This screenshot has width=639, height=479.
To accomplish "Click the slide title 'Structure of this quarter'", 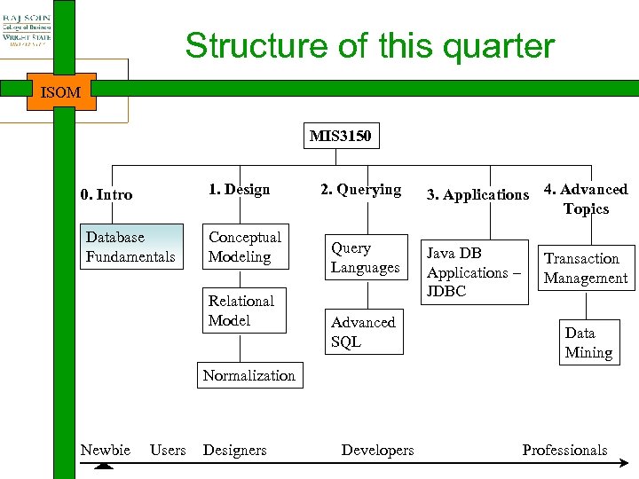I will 369,46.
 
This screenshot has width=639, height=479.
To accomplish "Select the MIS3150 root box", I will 340,136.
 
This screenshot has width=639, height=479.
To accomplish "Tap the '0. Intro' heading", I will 106,194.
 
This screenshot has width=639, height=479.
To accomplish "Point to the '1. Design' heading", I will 239,189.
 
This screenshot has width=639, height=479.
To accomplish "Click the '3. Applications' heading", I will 477,194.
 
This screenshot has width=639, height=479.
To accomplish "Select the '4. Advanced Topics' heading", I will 586,199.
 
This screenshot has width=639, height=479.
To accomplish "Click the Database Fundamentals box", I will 130,247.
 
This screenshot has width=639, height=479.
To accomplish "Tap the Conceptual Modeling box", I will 245,247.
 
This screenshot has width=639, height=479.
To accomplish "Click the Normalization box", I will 249,375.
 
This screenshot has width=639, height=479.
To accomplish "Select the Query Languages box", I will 365,257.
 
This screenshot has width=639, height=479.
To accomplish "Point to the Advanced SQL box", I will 364,332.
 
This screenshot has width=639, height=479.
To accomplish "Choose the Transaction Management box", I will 586,268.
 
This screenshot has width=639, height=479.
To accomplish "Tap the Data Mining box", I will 588,342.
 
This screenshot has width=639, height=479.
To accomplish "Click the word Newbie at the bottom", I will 105,450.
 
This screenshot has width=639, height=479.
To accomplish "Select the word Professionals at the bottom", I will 564,450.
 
